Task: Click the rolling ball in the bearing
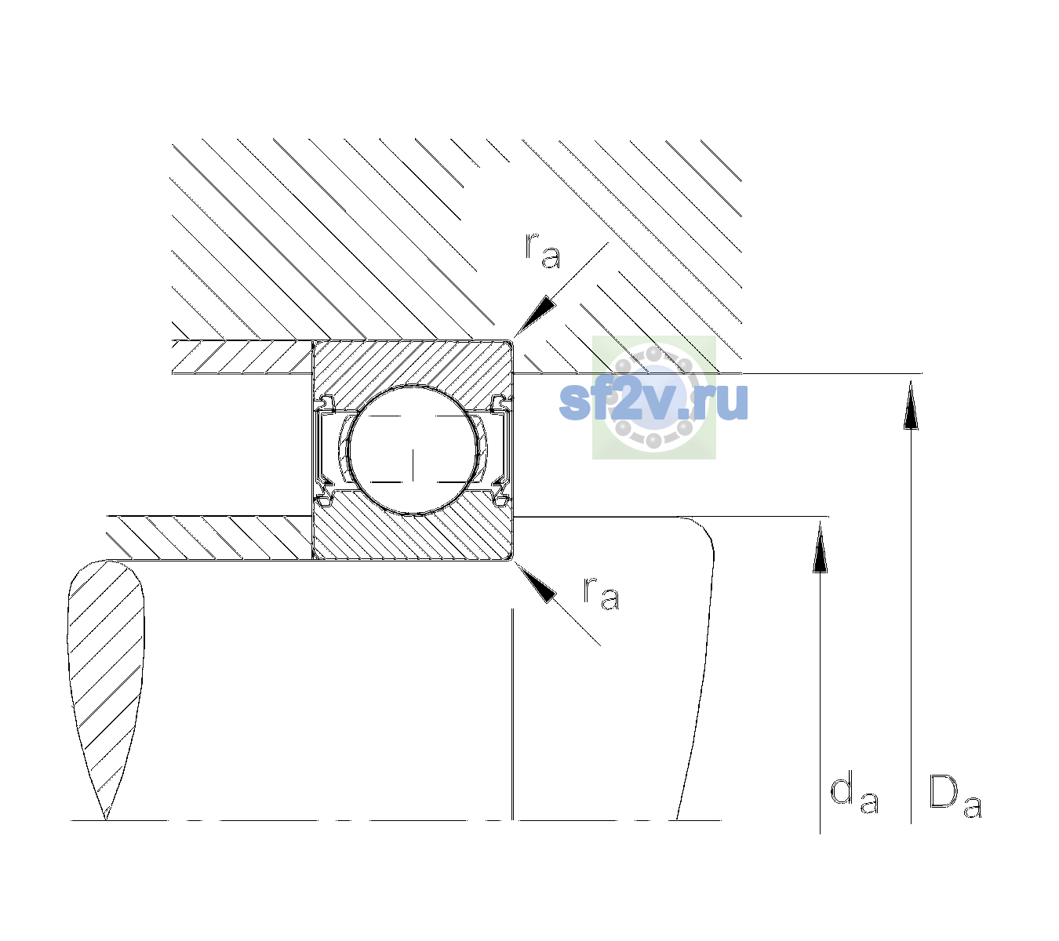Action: [413, 450]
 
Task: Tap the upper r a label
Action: [543, 251]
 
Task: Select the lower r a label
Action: [601, 594]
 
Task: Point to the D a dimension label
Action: [955, 797]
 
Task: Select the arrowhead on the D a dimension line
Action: [911, 405]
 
